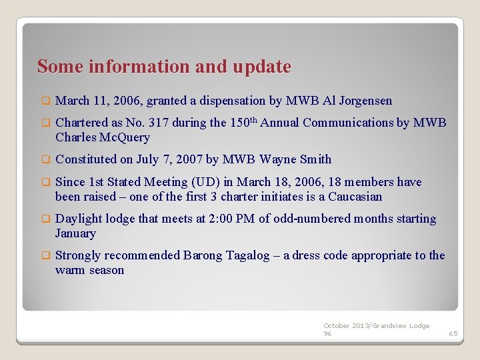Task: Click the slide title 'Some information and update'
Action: (x=164, y=67)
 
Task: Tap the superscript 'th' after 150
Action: (x=253, y=120)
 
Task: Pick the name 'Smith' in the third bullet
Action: (x=315, y=159)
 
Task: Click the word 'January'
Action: (x=75, y=233)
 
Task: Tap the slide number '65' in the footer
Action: (x=453, y=333)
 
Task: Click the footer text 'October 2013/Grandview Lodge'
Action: (x=377, y=325)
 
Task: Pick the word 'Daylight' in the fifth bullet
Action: (x=79, y=219)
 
